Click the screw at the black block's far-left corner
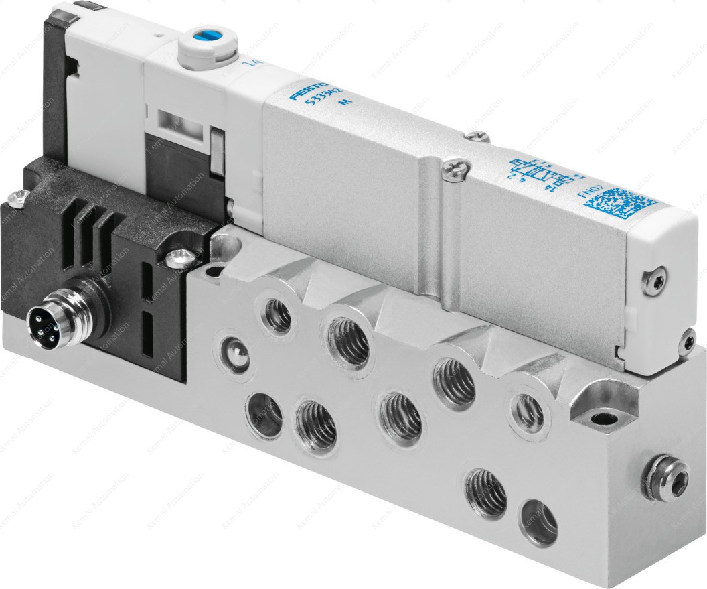pos(17,197)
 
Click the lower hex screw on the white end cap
pos(687,342)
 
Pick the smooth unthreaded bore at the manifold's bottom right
pos(538,520)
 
